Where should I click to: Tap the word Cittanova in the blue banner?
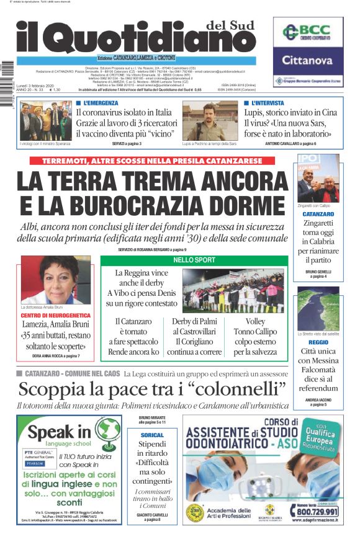tap(308, 61)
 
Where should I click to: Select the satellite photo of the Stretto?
tap(318, 308)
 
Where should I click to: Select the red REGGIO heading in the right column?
tap(318, 342)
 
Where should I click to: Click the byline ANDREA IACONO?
tap(318, 400)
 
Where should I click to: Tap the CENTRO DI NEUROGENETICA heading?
tap(55, 316)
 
